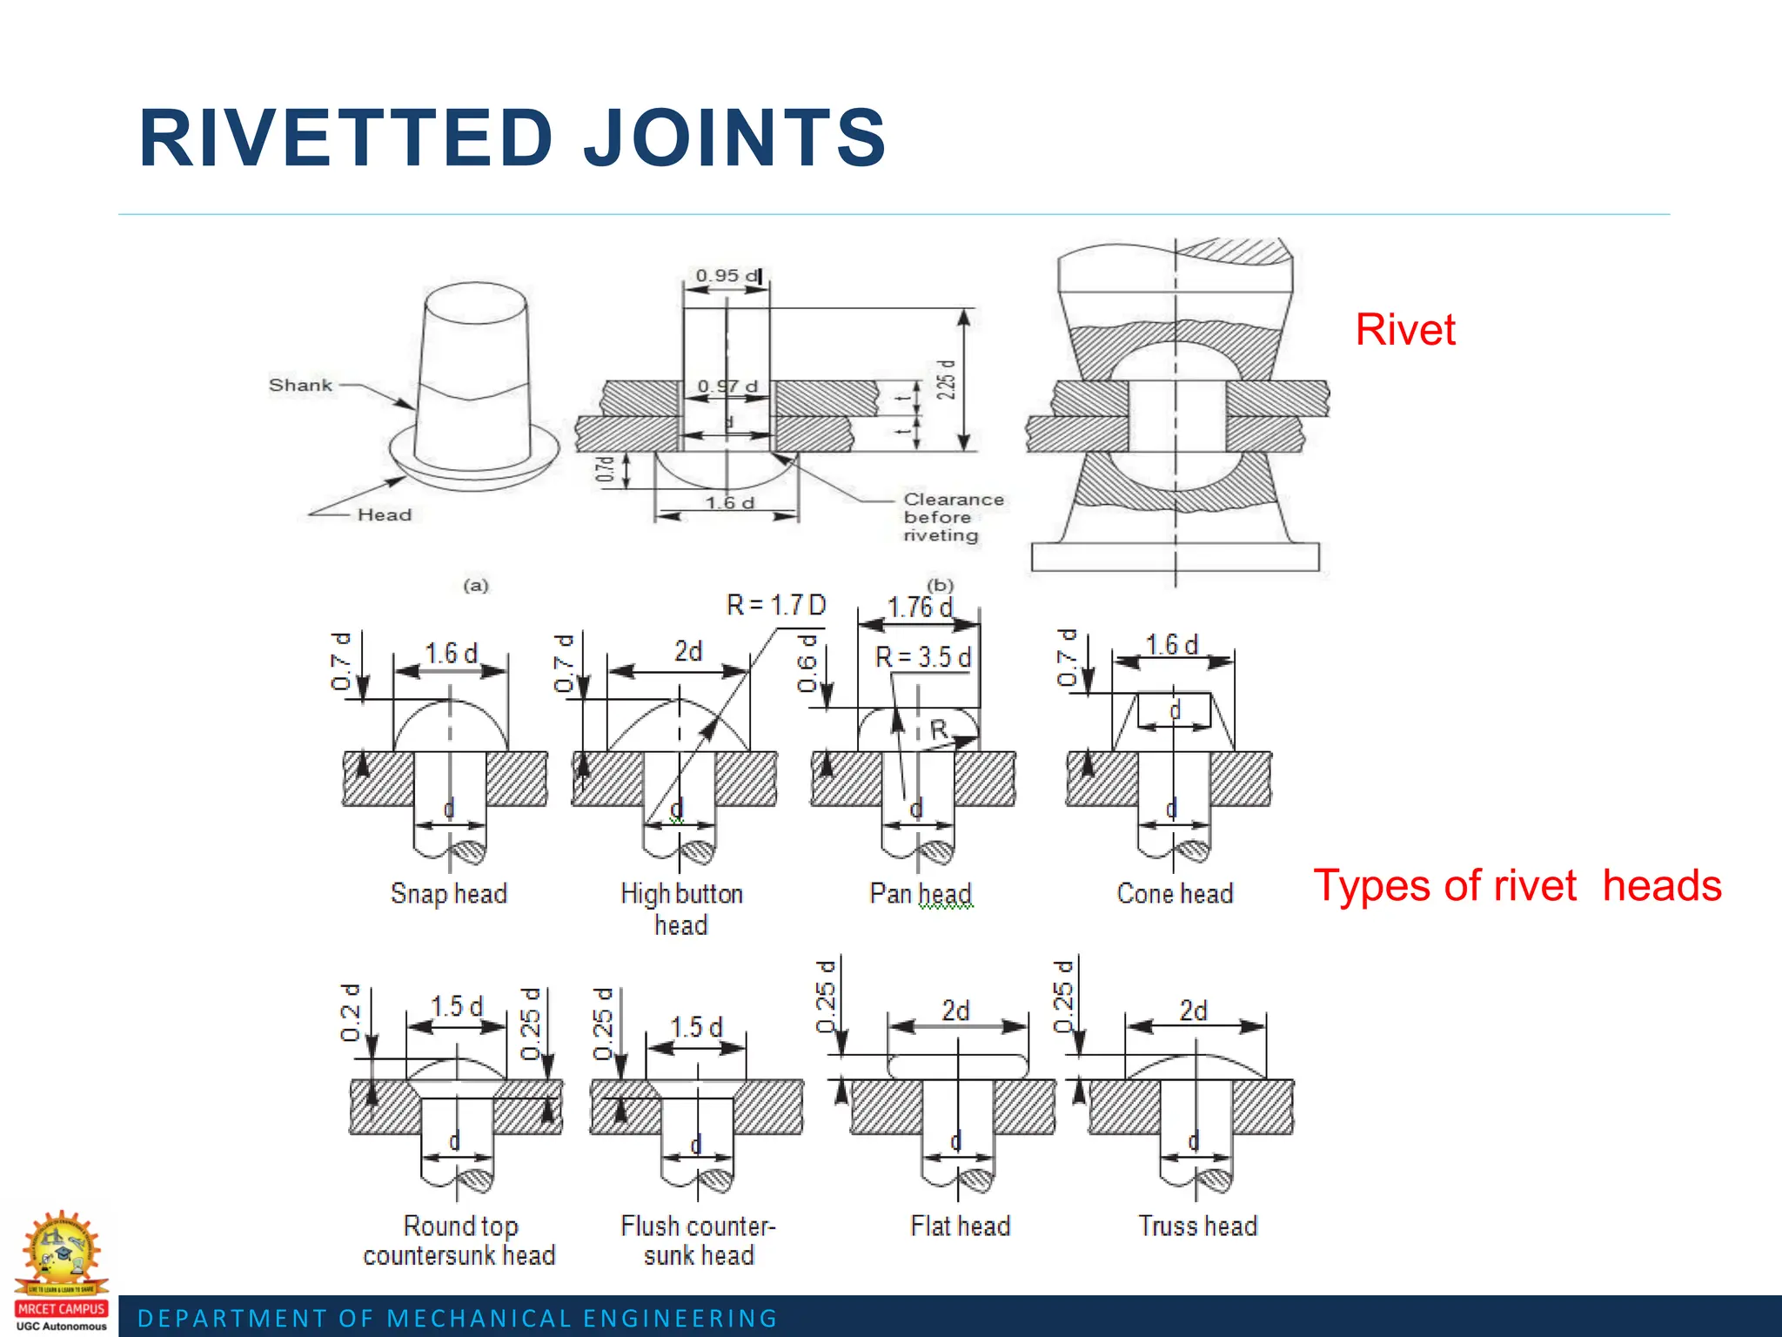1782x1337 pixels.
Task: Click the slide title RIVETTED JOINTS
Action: pos(512,138)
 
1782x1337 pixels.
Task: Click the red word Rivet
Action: pos(1404,330)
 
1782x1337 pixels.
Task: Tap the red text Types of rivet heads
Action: pos(1517,886)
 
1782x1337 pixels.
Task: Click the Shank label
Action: pos(300,385)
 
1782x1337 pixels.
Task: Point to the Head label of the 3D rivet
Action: pos(384,514)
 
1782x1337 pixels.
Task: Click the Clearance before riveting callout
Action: pos(952,517)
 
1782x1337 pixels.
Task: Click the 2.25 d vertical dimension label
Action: pos(946,380)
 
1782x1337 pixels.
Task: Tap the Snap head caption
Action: pos(448,893)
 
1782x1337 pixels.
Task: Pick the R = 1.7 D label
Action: pos(775,605)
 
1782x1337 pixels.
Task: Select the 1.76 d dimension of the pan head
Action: pos(919,607)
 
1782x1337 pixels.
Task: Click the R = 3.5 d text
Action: pos(922,657)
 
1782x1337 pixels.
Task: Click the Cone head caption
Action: pos(1175,893)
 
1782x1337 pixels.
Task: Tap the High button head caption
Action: pos(681,908)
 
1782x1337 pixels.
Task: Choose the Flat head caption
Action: pos(960,1226)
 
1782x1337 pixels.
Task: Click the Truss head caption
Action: pos(1197,1226)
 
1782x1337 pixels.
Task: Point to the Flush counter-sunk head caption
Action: pos(698,1240)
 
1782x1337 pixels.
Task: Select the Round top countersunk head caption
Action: pos(459,1240)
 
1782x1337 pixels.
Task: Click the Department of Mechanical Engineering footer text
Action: pos(458,1318)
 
